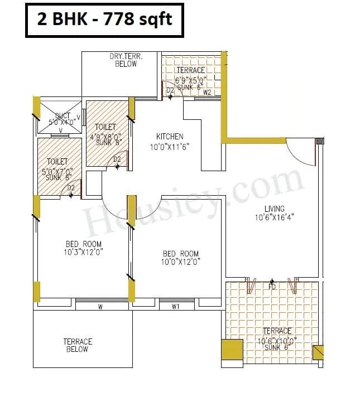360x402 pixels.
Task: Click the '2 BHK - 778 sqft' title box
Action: coord(104,20)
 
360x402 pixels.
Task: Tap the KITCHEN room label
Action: coord(169,137)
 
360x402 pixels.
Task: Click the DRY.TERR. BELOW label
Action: coord(126,60)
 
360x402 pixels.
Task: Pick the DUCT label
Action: coord(63,116)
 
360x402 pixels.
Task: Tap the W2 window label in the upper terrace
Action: coord(207,93)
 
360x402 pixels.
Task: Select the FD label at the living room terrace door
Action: coord(272,287)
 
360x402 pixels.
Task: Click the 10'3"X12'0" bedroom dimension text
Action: coord(84,252)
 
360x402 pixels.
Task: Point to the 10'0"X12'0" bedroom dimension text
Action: coord(181,261)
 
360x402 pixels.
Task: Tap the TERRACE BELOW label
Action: coord(77,345)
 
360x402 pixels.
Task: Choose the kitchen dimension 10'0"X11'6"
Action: coord(170,147)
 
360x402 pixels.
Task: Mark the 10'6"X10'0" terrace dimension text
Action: coord(277,341)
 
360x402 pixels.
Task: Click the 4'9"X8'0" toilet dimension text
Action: coord(106,135)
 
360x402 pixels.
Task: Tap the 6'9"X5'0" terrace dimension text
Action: coord(190,80)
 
